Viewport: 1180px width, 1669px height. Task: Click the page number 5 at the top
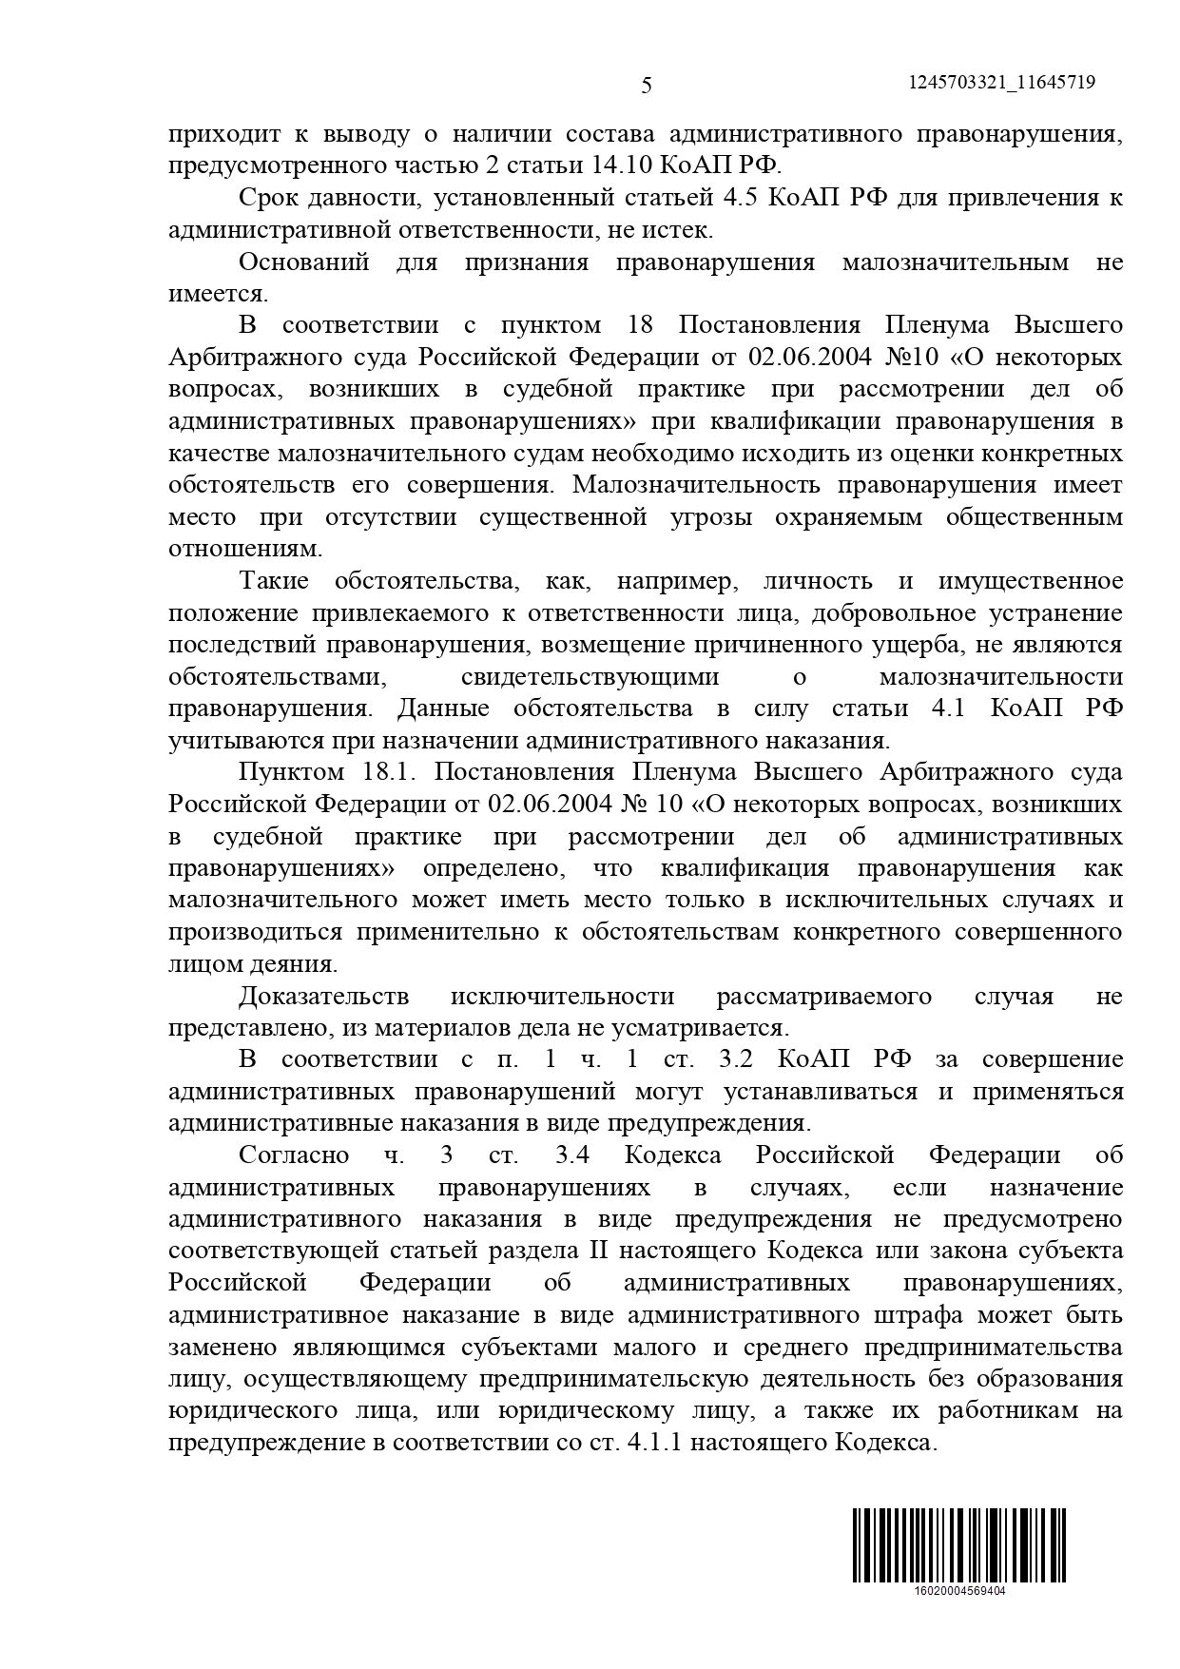[x=647, y=87]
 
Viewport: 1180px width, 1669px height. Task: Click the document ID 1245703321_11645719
[x=1002, y=83]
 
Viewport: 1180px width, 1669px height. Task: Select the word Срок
[x=268, y=198]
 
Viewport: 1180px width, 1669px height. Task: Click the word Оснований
[x=304, y=262]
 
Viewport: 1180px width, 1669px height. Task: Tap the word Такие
[x=273, y=581]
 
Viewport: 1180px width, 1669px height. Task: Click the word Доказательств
[x=323, y=996]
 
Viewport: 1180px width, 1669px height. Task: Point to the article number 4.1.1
[x=653, y=1443]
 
